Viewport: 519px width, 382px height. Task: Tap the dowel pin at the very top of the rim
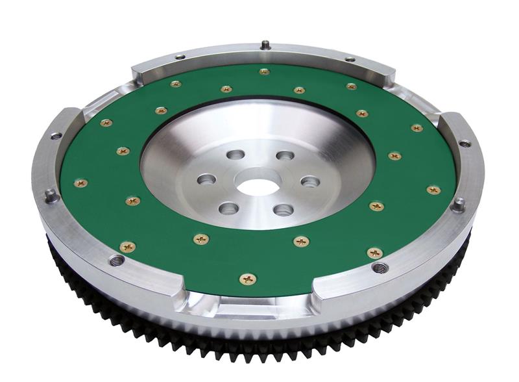(x=265, y=45)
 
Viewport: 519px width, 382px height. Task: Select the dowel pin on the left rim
(x=49, y=194)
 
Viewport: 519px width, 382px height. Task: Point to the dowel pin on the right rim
(x=458, y=204)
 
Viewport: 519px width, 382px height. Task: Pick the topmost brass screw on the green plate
(x=264, y=71)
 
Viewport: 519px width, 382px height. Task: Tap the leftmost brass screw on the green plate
(x=80, y=183)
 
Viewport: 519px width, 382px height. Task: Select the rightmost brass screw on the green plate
(x=433, y=190)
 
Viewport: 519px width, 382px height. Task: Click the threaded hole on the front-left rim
(x=117, y=261)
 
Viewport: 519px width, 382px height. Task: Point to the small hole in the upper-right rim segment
(x=465, y=143)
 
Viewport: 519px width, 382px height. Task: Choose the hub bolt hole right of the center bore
(x=310, y=181)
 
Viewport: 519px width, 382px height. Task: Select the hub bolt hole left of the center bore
(x=207, y=178)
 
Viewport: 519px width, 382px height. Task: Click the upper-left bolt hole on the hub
(x=236, y=155)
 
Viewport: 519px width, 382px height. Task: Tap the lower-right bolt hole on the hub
(x=283, y=209)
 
